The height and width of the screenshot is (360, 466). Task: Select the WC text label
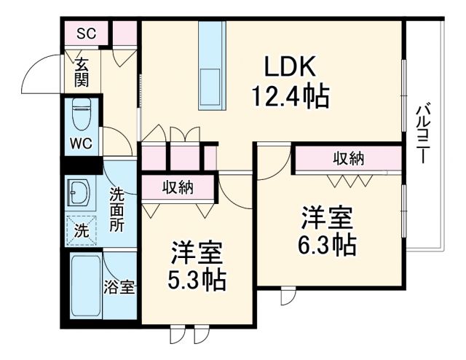click(81, 143)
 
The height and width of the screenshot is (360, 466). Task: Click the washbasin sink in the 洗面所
click(79, 192)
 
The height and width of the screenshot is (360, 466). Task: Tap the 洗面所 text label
click(117, 210)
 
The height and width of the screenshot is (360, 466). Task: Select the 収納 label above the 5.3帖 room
click(177, 187)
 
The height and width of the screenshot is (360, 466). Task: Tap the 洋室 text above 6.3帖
click(327, 218)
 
